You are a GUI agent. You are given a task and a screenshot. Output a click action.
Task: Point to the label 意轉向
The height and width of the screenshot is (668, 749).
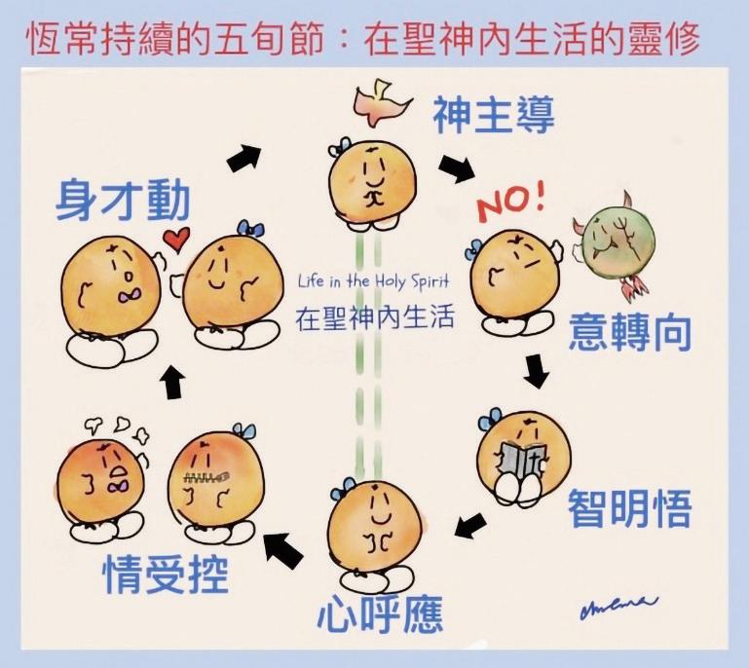[630, 332]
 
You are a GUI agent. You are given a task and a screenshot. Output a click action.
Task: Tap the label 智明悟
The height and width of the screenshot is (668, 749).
[629, 508]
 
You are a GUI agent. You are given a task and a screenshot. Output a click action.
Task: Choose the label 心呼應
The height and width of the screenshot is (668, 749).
[380, 614]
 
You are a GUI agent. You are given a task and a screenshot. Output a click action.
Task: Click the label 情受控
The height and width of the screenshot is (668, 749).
[167, 575]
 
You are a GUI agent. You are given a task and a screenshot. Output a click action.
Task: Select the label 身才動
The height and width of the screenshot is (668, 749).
[122, 201]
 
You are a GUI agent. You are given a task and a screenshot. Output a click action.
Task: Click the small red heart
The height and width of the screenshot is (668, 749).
[175, 238]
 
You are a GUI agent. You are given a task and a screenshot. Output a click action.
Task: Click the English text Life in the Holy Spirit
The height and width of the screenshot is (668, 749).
[375, 281]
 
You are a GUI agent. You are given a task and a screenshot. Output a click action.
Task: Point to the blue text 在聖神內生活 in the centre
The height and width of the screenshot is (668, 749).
[375, 317]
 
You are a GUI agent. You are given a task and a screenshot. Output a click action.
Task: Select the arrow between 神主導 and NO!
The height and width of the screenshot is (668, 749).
[455, 167]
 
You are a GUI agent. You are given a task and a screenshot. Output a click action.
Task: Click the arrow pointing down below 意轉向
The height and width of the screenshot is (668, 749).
[535, 371]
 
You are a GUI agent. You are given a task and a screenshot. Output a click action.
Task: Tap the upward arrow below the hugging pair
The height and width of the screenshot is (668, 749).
[173, 383]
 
